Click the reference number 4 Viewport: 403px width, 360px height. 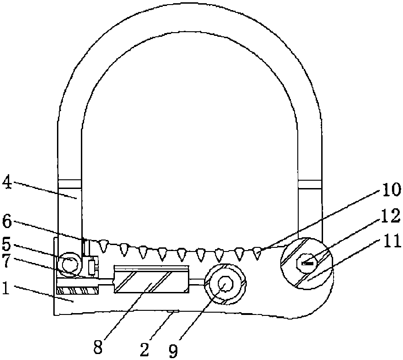coord(7,183)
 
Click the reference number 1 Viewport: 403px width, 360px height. coord(6,289)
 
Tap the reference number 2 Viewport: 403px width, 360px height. coord(145,349)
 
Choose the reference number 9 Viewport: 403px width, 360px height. coord(174,351)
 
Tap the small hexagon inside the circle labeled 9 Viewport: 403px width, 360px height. coord(225,284)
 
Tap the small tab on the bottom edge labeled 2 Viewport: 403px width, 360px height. coord(173,312)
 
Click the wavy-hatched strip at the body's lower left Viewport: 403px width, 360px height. coord(77,291)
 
